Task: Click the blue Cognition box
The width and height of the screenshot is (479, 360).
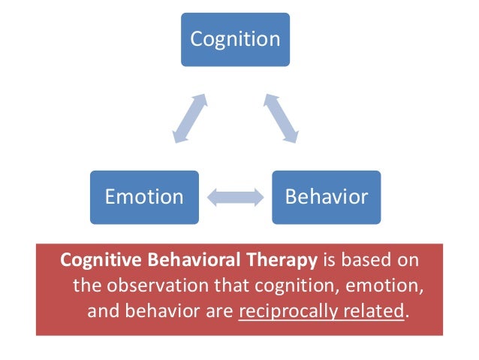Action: click(235, 38)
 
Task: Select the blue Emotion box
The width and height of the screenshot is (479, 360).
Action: click(144, 197)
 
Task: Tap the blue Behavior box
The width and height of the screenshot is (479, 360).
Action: click(327, 197)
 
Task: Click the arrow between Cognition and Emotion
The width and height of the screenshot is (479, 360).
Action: click(188, 117)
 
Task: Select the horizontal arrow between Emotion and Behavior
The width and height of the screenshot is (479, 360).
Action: click(235, 198)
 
